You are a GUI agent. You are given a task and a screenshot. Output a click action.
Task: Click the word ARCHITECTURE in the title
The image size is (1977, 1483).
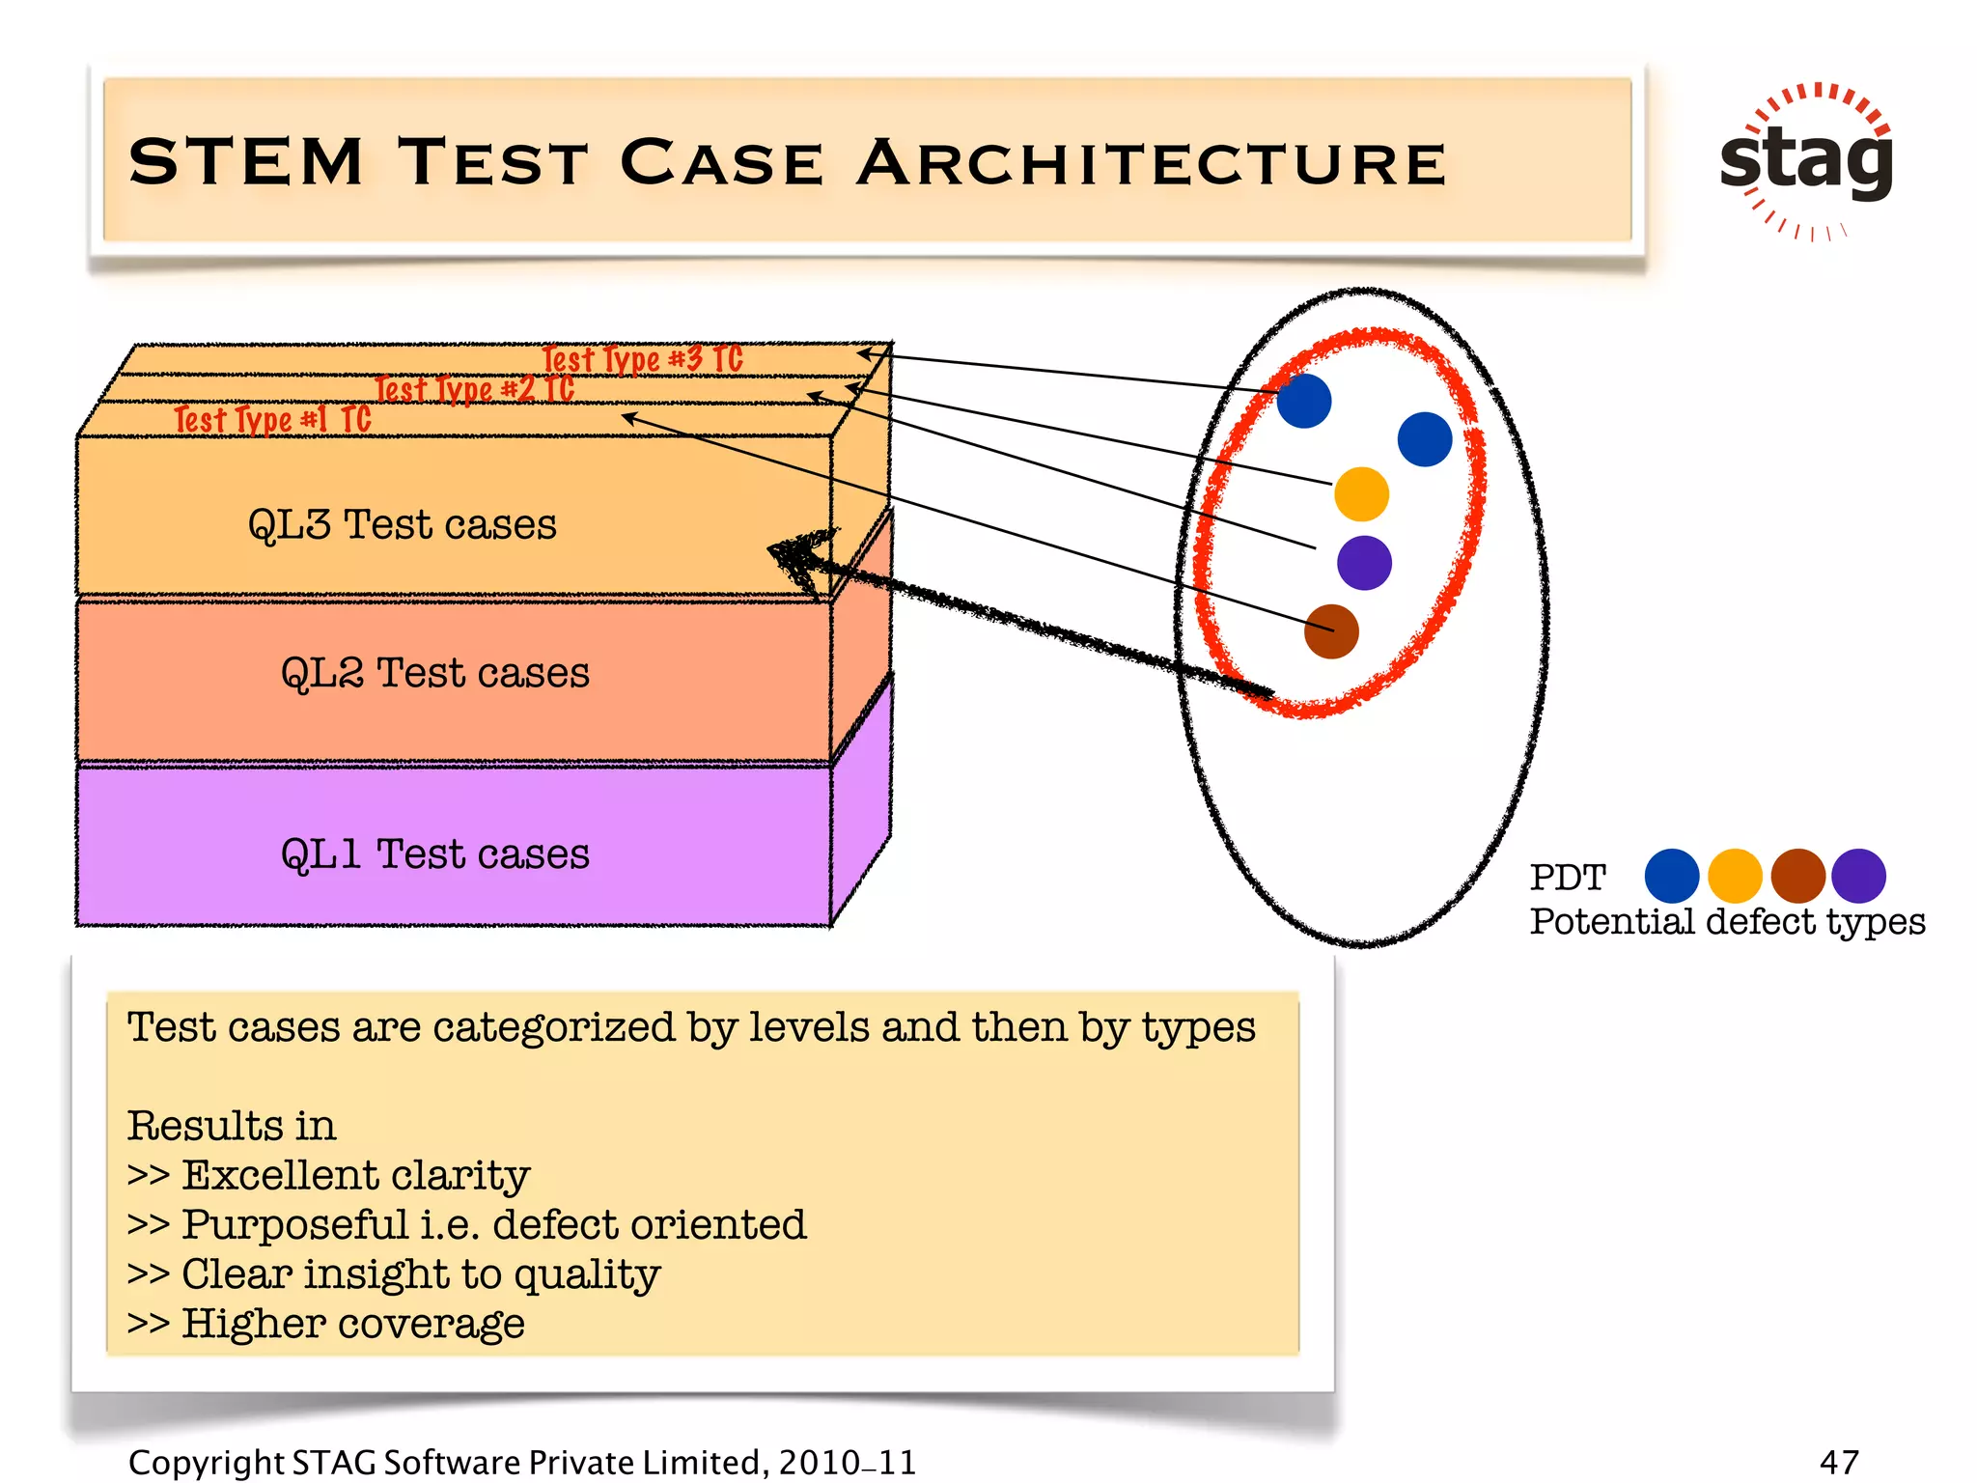[1152, 162]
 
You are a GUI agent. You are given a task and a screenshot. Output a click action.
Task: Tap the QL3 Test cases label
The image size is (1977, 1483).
[402, 524]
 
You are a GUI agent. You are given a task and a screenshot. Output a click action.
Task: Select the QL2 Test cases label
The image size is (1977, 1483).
[434, 672]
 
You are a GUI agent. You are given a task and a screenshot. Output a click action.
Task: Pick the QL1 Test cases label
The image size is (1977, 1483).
[434, 853]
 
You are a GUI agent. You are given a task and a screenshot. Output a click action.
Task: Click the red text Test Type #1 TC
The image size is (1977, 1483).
[272, 419]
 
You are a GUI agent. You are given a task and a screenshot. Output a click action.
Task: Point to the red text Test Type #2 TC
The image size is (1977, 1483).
[474, 389]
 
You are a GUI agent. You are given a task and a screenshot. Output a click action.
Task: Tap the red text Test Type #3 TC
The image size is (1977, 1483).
[642, 359]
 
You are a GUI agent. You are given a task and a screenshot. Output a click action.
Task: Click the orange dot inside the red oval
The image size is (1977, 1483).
[1361, 493]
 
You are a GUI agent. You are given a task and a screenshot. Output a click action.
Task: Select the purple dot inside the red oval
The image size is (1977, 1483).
[1364, 562]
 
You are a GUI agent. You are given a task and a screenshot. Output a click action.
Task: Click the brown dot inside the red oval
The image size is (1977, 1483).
[1331, 631]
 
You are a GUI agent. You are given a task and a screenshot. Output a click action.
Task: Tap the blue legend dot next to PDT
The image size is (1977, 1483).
[1671, 876]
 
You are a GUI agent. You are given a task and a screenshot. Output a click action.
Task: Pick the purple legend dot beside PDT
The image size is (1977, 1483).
[1858, 876]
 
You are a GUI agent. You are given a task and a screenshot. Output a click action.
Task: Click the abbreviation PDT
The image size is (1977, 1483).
[1567, 877]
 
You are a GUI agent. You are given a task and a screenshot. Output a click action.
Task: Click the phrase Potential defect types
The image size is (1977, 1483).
[1727, 921]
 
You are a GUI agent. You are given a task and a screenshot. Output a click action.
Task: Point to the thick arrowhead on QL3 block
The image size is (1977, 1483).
[797, 557]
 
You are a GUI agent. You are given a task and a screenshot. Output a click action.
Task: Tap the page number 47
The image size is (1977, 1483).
[1839, 1462]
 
